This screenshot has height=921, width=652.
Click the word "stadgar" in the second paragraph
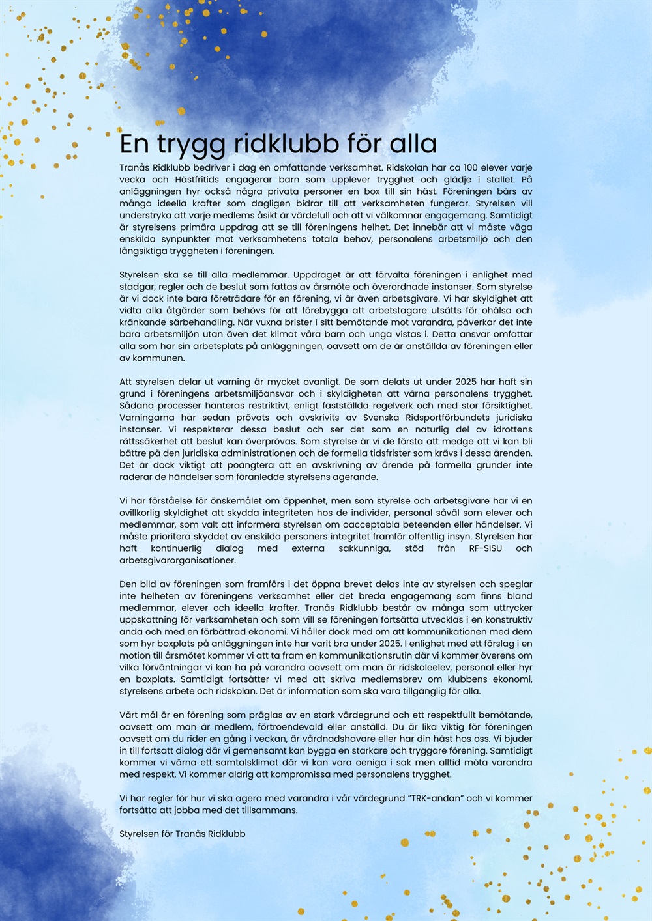point(136,287)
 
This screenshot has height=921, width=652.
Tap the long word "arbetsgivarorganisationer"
point(177,560)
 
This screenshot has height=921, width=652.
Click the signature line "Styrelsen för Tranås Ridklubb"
point(183,834)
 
